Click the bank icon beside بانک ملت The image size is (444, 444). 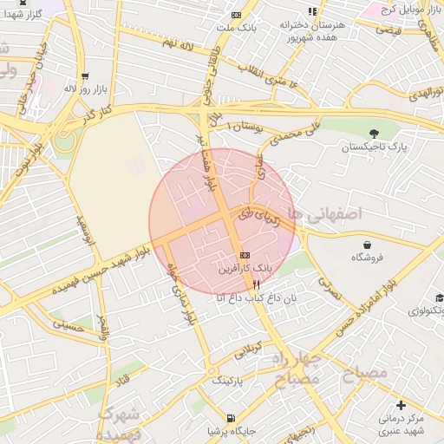pos(236,16)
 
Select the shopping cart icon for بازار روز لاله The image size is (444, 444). pos(84,76)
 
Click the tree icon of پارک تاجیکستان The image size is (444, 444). pos(374,134)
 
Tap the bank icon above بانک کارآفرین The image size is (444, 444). pos(245,256)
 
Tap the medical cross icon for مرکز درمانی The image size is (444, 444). pos(400,405)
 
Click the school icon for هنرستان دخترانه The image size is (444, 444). pos(312,10)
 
